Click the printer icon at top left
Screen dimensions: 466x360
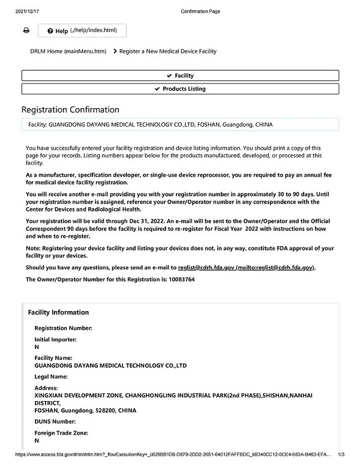[26, 31]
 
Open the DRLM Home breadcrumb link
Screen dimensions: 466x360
[68, 52]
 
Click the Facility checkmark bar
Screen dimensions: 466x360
[180, 76]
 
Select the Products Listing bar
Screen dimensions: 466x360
[180, 89]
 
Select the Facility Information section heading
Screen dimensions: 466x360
[58, 312]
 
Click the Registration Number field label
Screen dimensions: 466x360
[63, 328]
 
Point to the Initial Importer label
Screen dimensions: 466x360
[55, 339]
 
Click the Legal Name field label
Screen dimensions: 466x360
[51, 377]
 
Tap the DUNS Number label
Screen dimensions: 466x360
[55, 422]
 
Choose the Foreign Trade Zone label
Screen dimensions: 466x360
[61, 433]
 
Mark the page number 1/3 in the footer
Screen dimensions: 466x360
[343, 455]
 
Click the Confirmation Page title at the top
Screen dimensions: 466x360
[197, 11]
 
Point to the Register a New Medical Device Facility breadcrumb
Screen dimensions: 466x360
[167, 52]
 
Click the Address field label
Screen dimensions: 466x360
[46, 388]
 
